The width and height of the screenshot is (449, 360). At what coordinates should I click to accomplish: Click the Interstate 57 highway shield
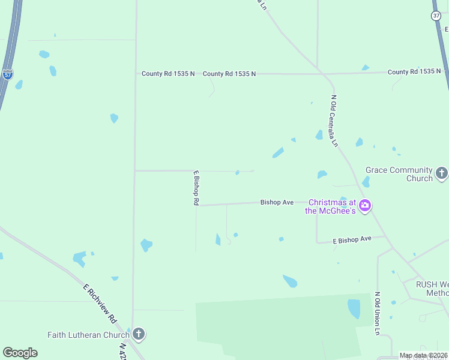(x=7, y=74)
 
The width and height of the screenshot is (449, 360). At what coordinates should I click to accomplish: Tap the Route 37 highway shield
(x=436, y=16)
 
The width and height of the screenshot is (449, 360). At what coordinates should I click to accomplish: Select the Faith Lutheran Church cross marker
(x=138, y=334)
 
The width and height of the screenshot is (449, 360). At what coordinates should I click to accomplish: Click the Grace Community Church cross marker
(x=442, y=174)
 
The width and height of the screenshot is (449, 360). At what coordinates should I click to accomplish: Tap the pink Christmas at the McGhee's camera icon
(x=365, y=206)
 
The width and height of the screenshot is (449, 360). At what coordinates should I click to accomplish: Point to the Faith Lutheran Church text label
(x=88, y=335)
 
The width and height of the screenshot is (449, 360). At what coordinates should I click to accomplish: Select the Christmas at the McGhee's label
(x=331, y=206)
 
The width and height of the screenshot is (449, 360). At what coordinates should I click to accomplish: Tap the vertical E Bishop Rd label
(x=196, y=188)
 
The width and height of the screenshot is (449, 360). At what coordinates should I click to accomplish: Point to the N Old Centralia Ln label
(x=334, y=121)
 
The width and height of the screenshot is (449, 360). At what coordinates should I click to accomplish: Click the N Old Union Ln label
(x=378, y=313)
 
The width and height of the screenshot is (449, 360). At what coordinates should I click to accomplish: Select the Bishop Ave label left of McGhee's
(x=277, y=202)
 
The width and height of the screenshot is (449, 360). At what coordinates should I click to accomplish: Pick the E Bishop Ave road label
(x=352, y=239)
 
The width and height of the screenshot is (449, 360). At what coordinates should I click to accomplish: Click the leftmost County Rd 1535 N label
(x=168, y=74)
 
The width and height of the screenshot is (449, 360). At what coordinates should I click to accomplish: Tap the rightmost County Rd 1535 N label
(x=414, y=72)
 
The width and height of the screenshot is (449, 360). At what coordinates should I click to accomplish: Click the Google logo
(x=20, y=353)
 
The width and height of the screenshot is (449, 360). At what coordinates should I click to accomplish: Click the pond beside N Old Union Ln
(x=354, y=308)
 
